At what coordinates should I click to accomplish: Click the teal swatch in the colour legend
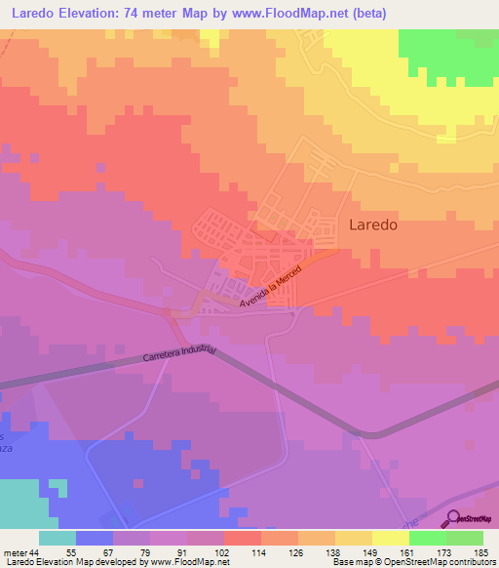(57, 538)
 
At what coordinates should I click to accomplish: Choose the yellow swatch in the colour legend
(390, 538)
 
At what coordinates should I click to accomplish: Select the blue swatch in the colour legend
(94, 538)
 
